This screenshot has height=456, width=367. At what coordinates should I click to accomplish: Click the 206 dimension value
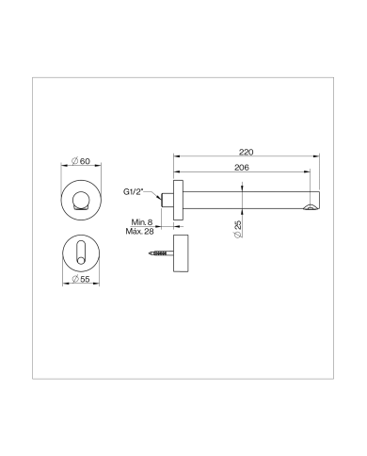tap(241, 168)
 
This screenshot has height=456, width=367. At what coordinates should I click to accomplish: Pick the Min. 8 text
tap(145, 222)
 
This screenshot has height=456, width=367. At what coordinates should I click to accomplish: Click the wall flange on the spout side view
tap(175, 201)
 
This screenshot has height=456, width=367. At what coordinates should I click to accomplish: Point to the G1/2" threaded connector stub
tap(167, 201)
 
